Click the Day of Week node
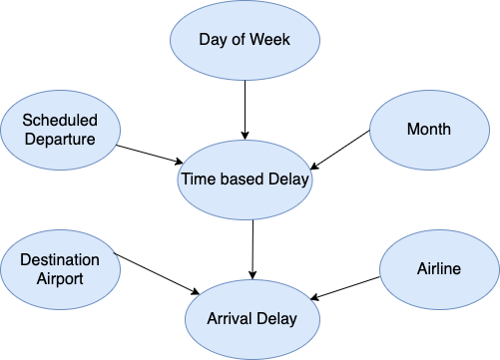[245, 40]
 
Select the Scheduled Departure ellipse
[60, 129]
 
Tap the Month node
[428, 129]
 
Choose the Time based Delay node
[245, 180]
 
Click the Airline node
[440, 268]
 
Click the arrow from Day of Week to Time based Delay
[245, 108]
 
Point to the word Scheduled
[60, 119]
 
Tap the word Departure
[60, 139]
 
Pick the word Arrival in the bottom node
[230, 319]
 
